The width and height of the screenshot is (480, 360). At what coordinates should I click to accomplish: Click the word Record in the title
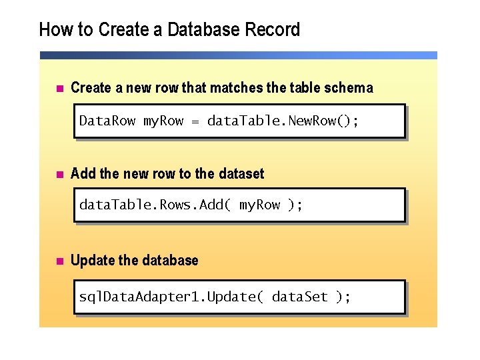(x=273, y=30)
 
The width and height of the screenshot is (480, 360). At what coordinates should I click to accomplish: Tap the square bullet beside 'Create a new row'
(x=58, y=88)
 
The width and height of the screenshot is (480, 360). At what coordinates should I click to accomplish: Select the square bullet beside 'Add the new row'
(x=58, y=174)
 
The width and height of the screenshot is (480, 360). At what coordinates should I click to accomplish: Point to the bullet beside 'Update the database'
(x=58, y=261)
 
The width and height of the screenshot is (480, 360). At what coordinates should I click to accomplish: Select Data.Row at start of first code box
(x=107, y=121)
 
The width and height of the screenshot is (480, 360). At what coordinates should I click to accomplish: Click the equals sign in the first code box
(x=195, y=121)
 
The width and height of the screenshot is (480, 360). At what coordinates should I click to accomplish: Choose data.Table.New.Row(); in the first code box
(x=283, y=121)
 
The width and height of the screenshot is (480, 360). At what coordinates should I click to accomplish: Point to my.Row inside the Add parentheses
(x=260, y=205)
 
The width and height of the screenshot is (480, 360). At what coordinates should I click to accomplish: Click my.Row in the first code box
(x=163, y=121)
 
